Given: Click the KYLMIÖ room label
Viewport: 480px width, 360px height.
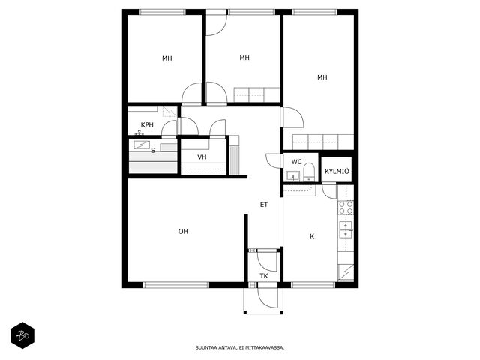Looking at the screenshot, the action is click(337, 172).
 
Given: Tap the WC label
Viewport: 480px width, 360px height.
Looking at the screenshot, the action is click(296, 162).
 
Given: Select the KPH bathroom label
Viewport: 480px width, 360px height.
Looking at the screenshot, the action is click(147, 125).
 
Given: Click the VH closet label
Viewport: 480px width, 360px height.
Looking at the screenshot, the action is click(202, 157).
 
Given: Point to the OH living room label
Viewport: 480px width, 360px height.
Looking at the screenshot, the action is click(183, 232).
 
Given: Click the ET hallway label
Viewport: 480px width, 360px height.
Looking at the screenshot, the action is click(264, 205).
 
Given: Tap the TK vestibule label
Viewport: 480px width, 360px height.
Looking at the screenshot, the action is click(264, 276).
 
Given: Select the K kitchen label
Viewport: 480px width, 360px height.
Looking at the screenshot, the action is click(312, 236).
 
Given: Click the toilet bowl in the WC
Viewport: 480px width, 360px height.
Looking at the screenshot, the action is click(309, 172).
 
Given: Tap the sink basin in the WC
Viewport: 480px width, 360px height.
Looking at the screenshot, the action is click(292, 176).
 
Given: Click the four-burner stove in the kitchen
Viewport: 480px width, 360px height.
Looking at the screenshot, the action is click(346, 208).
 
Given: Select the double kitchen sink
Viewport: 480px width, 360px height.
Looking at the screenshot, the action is click(346, 230).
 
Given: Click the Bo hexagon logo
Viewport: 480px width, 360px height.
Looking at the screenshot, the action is click(22, 335).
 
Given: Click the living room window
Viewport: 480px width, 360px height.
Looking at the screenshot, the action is click(176, 285).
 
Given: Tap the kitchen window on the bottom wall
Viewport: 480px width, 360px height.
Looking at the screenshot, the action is click(313, 285).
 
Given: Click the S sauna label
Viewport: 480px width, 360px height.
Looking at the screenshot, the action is click(153, 151).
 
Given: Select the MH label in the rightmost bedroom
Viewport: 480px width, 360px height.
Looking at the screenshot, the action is click(322, 77).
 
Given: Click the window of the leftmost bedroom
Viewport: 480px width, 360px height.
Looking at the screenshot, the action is click(163, 12).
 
